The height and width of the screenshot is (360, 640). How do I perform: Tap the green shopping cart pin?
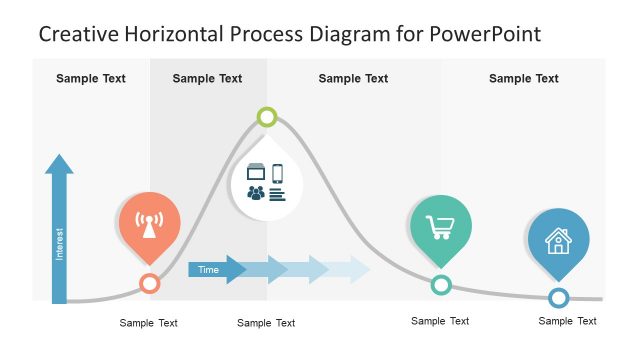440,225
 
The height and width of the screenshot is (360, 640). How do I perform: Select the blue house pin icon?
558,240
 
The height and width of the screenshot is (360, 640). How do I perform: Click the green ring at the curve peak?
266,117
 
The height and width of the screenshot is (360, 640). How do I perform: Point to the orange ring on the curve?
149,283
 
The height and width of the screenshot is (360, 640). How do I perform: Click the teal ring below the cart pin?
440,285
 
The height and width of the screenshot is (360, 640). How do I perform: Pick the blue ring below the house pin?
558,297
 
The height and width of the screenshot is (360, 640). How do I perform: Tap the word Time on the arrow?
208,269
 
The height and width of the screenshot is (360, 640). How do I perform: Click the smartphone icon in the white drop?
277,173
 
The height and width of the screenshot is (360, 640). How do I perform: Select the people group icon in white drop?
256,193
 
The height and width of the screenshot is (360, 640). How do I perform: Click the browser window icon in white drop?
256,173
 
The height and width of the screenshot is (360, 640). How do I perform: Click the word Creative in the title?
77,34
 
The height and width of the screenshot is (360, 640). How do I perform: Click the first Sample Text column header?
91,78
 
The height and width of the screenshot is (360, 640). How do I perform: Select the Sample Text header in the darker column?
207,78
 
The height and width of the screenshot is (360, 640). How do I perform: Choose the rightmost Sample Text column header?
524,78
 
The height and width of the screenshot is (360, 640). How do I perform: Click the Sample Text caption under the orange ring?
149,323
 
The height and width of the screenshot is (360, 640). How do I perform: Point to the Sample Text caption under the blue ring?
567,321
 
